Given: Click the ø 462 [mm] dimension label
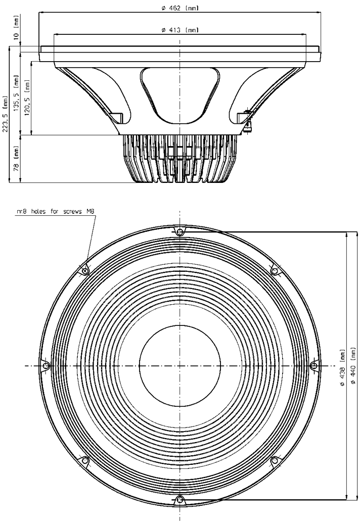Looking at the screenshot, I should click(x=180, y=8).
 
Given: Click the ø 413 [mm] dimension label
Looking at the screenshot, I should click(x=180, y=30).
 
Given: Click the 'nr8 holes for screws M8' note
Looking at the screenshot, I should click(x=56, y=213).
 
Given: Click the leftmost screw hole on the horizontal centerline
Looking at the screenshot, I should click(x=46, y=366).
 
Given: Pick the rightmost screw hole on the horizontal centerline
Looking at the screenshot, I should click(x=313, y=366).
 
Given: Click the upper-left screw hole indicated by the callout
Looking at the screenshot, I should click(x=85, y=271).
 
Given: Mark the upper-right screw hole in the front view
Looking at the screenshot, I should click(x=275, y=271).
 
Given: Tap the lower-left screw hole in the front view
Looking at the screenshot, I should click(x=85, y=460).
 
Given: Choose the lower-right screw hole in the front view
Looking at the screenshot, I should click(x=275, y=460).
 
